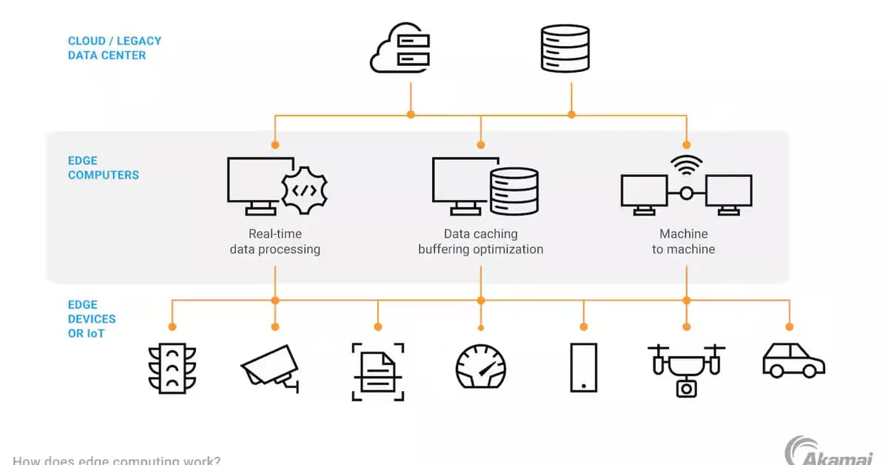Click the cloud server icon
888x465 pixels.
coord(400,49)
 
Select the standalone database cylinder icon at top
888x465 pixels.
coord(565,48)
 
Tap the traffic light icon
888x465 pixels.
coord(172,367)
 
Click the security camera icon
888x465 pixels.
coord(270,367)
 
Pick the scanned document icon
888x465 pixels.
coord(377,371)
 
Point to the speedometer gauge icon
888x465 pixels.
coord(480,367)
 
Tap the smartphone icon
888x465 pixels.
coord(583,367)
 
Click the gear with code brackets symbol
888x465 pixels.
coord(305,190)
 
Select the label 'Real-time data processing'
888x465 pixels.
coord(275,242)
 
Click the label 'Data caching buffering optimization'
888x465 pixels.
coord(480,242)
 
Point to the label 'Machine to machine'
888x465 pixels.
coord(683,242)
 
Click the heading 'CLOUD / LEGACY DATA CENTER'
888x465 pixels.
coord(114,48)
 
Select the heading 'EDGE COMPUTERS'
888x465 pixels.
coord(103,168)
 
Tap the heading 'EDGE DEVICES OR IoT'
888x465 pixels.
coord(92,319)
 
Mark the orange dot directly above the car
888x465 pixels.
coord(789,327)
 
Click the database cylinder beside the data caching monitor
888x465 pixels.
coord(514,190)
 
